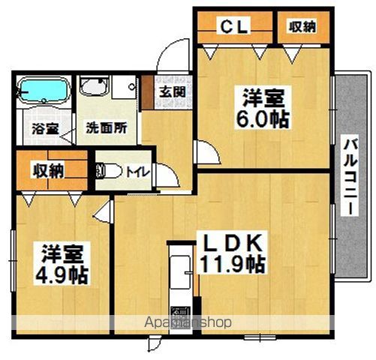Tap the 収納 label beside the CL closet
(302, 25)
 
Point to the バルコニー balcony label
(350, 176)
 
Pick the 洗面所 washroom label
(104, 127)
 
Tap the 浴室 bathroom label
(41, 128)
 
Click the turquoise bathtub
(42, 91)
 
